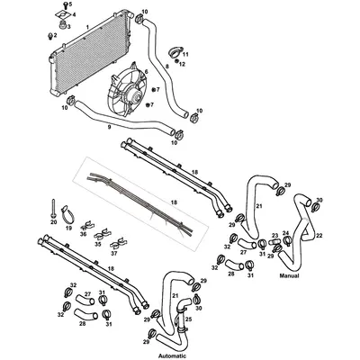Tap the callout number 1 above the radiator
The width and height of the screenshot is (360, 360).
pyautogui.click(x=86, y=28)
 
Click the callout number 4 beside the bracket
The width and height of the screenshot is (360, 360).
pyautogui.click(x=75, y=15)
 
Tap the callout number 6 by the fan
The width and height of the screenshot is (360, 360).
pyautogui.click(x=147, y=70)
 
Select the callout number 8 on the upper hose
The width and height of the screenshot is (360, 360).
pyautogui.click(x=166, y=66)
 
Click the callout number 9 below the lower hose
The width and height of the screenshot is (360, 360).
pyautogui.click(x=109, y=127)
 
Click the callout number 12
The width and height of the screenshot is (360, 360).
pyautogui.click(x=184, y=65)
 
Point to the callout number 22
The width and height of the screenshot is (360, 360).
pyautogui.click(x=319, y=235)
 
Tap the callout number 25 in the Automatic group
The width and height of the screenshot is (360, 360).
pyautogui.click(x=188, y=319)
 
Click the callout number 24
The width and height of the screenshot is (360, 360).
pyautogui.click(x=286, y=234)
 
